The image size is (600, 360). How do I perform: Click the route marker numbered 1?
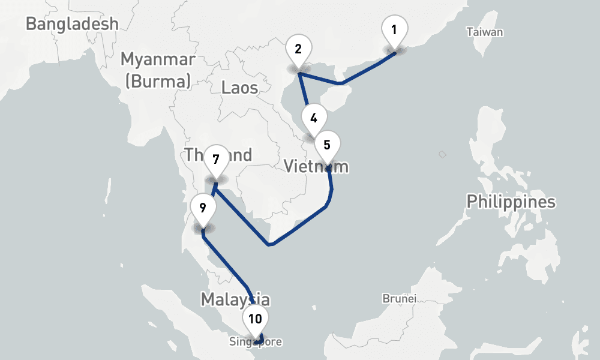(x=394, y=30)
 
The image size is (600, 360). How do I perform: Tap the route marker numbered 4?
(x=314, y=118)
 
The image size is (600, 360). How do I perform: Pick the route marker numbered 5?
(x=327, y=145)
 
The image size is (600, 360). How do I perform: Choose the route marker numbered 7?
(x=216, y=160)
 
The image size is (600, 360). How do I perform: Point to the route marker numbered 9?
(x=203, y=208)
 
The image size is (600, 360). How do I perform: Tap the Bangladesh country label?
(x=73, y=24)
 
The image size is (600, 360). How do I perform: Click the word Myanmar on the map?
(x=158, y=59)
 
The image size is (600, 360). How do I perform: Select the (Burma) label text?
(x=158, y=80)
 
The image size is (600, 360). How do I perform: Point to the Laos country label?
(x=239, y=88)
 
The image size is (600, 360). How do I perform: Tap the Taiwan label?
(x=485, y=32)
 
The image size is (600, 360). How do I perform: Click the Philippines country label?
(x=511, y=202)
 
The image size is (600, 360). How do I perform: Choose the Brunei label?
(x=400, y=298)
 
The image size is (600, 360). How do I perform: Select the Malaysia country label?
(x=235, y=299)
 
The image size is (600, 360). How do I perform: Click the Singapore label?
(x=255, y=342)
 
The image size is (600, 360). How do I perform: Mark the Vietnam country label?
(x=316, y=166)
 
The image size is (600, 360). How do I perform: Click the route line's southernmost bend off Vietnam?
(x=270, y=244)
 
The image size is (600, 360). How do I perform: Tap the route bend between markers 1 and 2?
(x=340, y=83)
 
